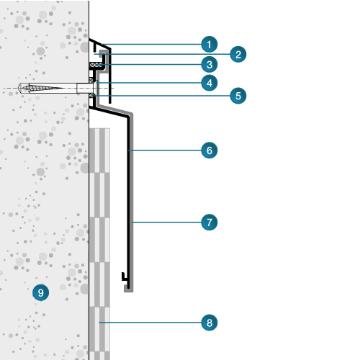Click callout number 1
(x=210, y=45)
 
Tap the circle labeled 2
(x=238, y=55)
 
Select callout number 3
(x=210, y=65)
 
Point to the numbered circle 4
(x=210, y=83)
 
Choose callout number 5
(x=238, y=96)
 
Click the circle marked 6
(x=210, y=150)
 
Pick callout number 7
(x=210, y=222)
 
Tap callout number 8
(x=210, y=323)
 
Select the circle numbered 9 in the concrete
(x=41, y=292)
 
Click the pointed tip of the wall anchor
(x=19, y=88)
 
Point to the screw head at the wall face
(x=96, y=88)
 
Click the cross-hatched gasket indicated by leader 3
(x=96, y=65)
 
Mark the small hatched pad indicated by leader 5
(x=91, y=96)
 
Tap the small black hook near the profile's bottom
(x=124, y=277)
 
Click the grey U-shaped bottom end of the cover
(x=128, y=289)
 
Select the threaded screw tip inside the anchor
(x=43, y=88)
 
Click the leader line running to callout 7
(x=167, y=222)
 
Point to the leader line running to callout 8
(x=150, y=323)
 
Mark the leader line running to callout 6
(x=165, y=150)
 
